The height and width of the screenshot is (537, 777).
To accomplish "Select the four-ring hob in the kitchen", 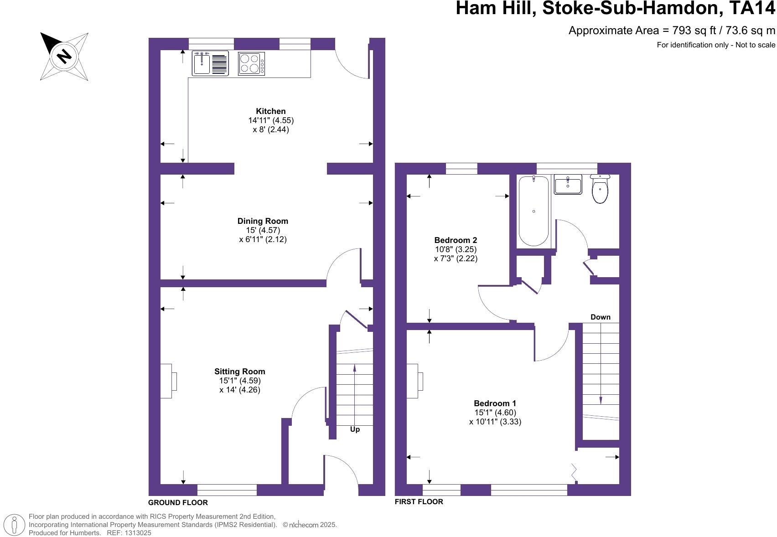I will (x=251, y=63).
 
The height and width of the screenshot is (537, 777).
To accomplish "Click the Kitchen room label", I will (x=271, y=111).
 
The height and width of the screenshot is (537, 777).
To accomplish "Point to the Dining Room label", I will (x=263, y=221).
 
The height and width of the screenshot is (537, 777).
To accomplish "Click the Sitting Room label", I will (x=240, y=372).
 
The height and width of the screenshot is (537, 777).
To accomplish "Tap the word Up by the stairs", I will (x=355, y=429).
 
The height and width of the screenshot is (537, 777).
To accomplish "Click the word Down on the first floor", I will (x=600, y=317).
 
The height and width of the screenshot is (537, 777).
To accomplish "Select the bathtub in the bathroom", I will (x=534, y=211).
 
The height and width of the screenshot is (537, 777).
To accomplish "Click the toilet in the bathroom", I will (x=600, y=190).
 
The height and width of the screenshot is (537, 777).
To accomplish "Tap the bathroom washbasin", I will (x=568, y=185).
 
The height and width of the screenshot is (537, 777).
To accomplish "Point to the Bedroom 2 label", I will (x=456, y=240).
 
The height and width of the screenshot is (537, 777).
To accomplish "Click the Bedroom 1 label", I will (x=495, y=403).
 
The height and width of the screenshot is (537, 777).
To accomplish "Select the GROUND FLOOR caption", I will (x=178, y=503).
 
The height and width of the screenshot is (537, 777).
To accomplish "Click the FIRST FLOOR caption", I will (x=419, y=502).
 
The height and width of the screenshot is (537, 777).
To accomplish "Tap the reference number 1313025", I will (x=136, y=532).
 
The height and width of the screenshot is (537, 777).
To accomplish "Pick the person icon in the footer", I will (x=15, y=525).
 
